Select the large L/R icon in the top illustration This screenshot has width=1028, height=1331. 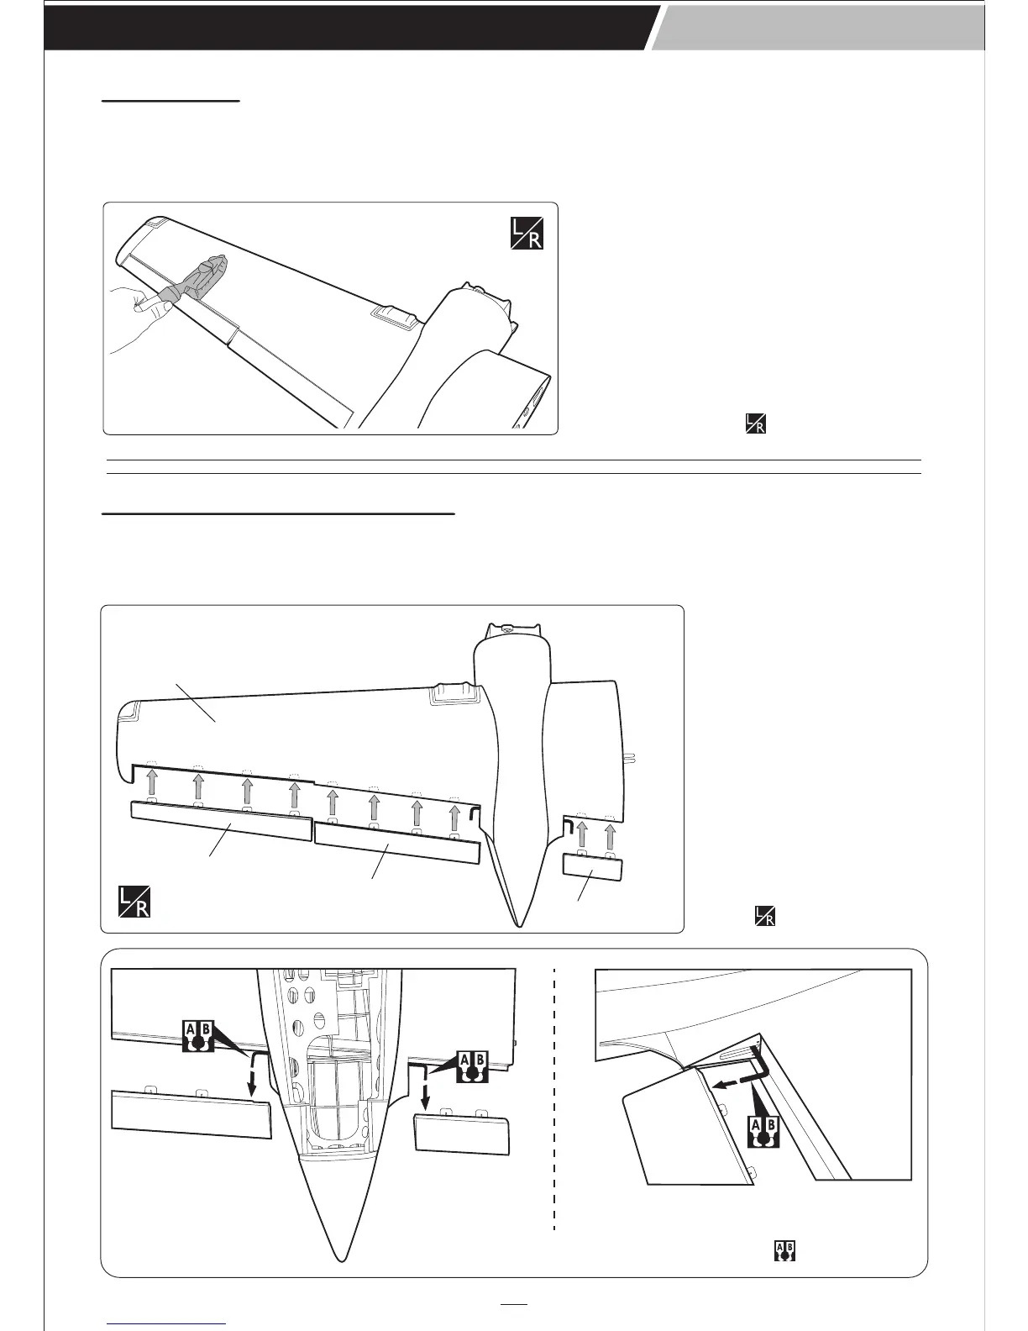(x=527, y=233)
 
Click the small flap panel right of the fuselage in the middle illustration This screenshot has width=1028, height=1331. (x=593, y=864)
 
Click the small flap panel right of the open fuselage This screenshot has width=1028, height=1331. (x=461, y=1134)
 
